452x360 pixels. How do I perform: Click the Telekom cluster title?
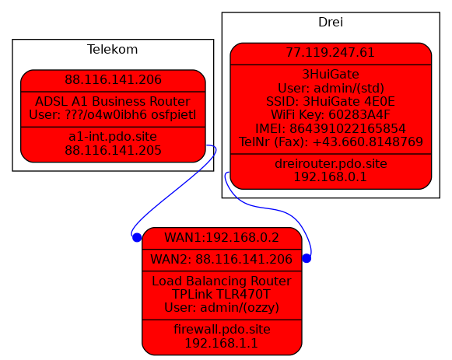point(113,49)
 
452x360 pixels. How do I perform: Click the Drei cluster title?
point(331,23)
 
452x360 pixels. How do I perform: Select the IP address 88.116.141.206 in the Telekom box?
point(113,80)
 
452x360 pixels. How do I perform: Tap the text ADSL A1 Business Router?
point(113,101)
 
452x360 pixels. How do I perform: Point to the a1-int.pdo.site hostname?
point(113,137)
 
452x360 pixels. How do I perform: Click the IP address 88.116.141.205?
point(113,150)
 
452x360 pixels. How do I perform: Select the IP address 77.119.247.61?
point(331,53)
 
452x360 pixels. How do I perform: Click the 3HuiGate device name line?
point(331,75)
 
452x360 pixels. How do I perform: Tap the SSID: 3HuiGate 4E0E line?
point(331,101)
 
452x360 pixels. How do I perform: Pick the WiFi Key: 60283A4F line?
point(331,115)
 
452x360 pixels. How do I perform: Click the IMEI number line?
point(331,128)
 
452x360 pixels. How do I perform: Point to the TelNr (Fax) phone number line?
point(331,142)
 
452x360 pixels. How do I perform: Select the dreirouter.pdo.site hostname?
point(331,163)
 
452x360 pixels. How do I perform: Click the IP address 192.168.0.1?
point(331,177)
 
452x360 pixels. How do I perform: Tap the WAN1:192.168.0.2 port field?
point(222,238)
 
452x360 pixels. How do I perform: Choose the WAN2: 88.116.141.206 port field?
point(222,259)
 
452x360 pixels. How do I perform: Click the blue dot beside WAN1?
point(137,238)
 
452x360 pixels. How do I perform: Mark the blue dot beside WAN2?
point(307,259)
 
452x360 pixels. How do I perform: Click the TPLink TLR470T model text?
point(222,295)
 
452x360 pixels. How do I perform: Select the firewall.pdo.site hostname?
point(222,330)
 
